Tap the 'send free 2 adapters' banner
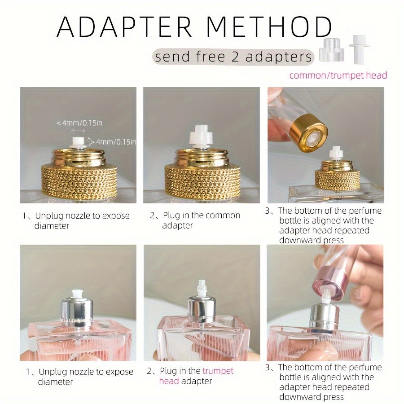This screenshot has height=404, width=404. click(x=233, y=57)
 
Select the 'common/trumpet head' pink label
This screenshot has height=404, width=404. click(x=338, y=75)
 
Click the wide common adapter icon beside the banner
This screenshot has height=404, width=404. click(x=331, y=50)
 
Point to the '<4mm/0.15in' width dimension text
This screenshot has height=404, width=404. click(x=82, y=123)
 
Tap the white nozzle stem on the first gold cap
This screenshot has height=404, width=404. click(x=78, y=143)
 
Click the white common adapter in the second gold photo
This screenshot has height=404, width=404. click(x=201, y=137)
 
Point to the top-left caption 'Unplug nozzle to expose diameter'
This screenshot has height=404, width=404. click(x=76, y=220)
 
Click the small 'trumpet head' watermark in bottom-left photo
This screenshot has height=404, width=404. click(x=77, y=320)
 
